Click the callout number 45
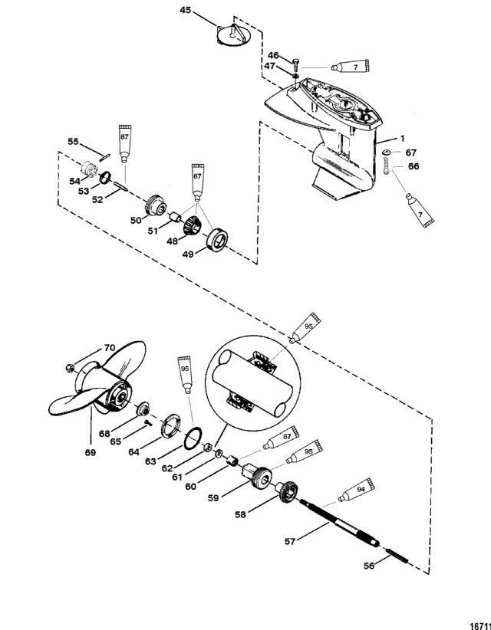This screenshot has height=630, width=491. tap(186, 10)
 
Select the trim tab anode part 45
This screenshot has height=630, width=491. tap(233, 35)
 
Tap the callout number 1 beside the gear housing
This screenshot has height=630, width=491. tap(403, 138)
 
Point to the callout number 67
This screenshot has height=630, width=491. tap(411, 153)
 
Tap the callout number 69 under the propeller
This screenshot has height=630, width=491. tap(91, 452)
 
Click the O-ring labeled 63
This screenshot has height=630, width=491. tap(193, 438)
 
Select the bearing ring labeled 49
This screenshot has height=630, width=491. tap(217, 240)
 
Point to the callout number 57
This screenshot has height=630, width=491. tap(290, 541)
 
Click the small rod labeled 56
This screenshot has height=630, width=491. tap(397, 555)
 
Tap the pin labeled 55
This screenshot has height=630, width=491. tap(104, 156)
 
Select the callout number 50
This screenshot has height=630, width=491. tap(136, 220)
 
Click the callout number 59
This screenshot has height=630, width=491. tap(213, 498)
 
